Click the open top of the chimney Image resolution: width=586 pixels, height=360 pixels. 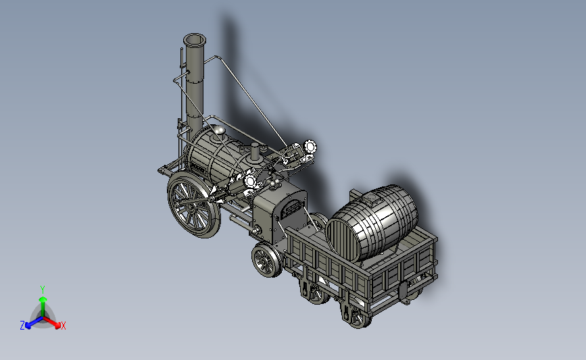point(195,40)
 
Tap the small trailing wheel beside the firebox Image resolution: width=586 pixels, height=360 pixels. point(267,260)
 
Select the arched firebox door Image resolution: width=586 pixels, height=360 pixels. point(290,208)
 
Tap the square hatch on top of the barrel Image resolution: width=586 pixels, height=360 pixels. point(372,199)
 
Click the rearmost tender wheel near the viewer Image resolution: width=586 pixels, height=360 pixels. point(358,316)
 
